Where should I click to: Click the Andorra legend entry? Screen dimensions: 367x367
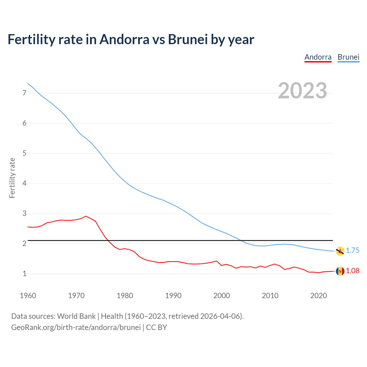pos(318,57)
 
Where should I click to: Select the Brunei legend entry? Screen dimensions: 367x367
pos(348,57)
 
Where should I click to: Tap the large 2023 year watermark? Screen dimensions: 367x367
pos(302,91)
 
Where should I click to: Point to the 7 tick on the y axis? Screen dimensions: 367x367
pos(24,93)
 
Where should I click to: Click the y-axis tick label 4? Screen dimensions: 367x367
pos(24,183)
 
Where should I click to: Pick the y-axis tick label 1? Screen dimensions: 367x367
pos(24,274)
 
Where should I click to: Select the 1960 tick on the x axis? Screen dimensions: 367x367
pos(28,296)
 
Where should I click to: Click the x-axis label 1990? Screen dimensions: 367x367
pos(173,296)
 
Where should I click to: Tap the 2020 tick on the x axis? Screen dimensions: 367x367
pos(319,296)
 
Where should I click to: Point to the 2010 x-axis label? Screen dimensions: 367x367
pos(270,296)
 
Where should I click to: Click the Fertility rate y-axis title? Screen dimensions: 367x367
pos(12,178)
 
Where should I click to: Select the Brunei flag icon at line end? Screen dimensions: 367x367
pos(340,251)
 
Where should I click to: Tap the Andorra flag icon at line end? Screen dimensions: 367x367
pos(340,271)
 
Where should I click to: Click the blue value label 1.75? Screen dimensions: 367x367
pos(352,251)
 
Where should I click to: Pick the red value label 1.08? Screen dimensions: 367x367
pos(352,271)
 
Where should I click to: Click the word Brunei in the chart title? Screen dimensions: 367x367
pos(188,40)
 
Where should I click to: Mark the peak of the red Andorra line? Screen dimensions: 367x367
pos(86,216)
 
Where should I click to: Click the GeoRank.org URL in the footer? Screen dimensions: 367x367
pos(76,327)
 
